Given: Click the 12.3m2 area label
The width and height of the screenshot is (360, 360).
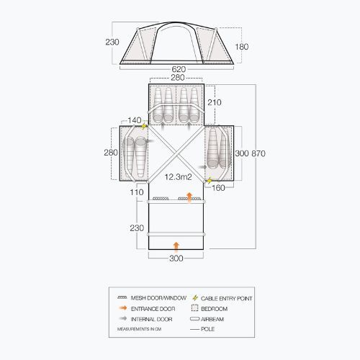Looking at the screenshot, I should click(176, 176).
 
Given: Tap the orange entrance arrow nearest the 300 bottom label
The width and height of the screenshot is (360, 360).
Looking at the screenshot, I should click(176, 245).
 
